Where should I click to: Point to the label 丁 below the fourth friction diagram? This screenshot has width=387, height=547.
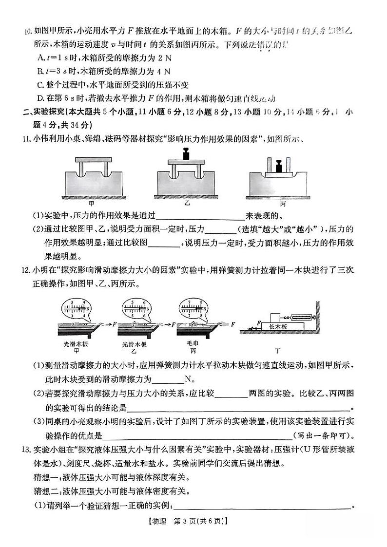278,350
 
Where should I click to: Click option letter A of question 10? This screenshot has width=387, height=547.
41,57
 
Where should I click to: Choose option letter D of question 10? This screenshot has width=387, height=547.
41,96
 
